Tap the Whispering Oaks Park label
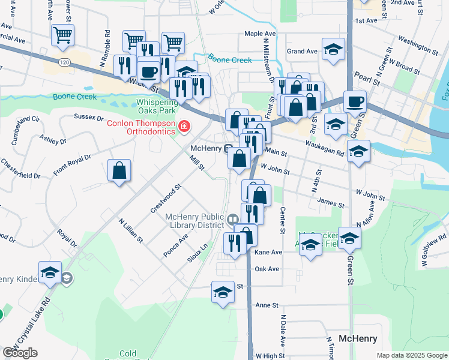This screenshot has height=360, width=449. point(156,106)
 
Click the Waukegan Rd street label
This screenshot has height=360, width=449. point(324,148)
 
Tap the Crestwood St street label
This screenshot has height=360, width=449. point(166,199)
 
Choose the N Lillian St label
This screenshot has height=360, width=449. point(131,230)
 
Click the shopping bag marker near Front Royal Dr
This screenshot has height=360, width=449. point(119,170)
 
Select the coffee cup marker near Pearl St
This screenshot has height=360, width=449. point(355,102)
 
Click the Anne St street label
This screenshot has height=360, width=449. point(267,305)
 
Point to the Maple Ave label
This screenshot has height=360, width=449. point(259,34)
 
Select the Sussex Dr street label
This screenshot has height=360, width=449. point(86,117)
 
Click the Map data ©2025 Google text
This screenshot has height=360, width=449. point(412,355)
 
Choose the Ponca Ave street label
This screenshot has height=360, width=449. point(176,246)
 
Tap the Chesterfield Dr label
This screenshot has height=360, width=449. point(20,170)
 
